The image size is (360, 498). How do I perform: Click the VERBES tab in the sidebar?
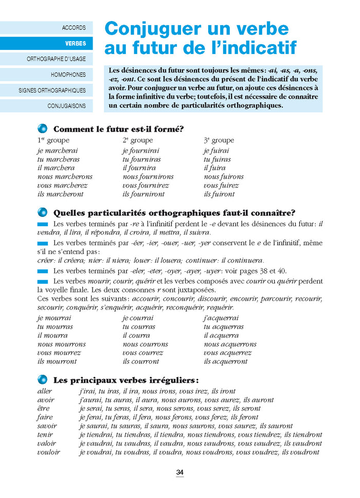point(76,43)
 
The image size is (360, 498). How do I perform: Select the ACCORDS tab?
point(74,28)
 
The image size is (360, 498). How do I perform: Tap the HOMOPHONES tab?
point(68,75)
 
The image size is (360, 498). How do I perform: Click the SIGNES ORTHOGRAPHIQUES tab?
point(52,90)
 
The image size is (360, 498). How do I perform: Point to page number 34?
point(180,472)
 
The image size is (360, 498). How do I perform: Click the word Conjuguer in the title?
point(149,28)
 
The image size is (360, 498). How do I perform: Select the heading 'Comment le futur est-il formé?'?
point(119,129)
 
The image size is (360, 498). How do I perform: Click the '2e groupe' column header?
point(137,140)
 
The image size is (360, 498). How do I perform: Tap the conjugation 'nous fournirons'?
point(148,177)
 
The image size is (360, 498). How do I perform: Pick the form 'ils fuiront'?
point(219,194)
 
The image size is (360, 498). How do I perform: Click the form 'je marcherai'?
point(58,151)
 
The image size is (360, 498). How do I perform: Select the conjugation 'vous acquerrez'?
point(227,353)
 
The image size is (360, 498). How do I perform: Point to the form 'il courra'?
point(136,336)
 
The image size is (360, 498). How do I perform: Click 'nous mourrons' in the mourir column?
point(62,344)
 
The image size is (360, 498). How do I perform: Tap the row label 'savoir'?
point(47,426)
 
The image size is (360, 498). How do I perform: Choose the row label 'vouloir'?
point(48,452)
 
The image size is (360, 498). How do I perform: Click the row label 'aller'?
point(45,391)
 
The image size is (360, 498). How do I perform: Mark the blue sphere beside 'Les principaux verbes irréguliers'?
point(43,380)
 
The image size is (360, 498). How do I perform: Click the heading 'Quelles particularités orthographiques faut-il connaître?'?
point(174,213)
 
